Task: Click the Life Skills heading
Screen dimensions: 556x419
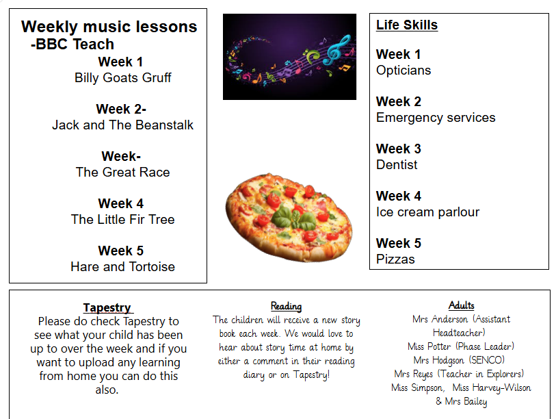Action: pyautogui.click(x=407, y=25)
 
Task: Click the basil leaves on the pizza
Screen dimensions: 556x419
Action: pyautogui.click(x=294, y=217)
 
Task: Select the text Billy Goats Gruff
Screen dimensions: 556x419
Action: pyautogui.click(x=122, y=78)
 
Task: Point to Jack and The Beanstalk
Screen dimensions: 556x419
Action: pyautogui.click(x=122, y=125)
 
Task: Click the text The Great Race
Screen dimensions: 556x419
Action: pyautogui.click(x=122, y=173)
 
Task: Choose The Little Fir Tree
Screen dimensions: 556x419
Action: pyautogui.click(x=122, y=220)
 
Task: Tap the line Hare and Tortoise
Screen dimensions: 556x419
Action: pyautogui.click(x=122, y=267)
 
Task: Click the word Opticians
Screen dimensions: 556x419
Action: pyautogui.click(x=403, y=71)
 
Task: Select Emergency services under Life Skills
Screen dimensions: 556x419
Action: pyautogui.click(x=436, y=118)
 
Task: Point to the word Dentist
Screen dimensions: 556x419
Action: pyautogui.click(x=397, y=165)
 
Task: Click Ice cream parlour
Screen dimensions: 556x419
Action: pyautogui.click(x=427, y=212)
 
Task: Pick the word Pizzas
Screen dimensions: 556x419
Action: pyautogui.click(x=395, y=259)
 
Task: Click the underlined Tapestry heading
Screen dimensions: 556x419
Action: pyautogui.click(x=108, y=307)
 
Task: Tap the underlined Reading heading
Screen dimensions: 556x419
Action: pyautogui.click(x=286, y=307)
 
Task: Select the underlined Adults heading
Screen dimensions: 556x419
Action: pyautogui.click(x=462, y=305)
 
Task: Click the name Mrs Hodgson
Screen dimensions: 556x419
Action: pyautogui.click(x=438, y=360)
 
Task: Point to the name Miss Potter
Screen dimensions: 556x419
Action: pyautogui.click(x=429, y=346)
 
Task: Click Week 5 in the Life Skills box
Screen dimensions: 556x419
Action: pyautogui.click(x=399, y=243)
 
